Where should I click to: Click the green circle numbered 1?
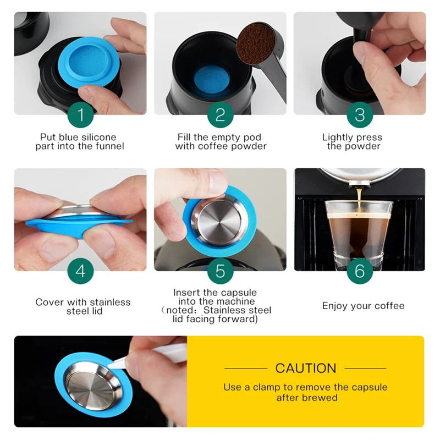81,115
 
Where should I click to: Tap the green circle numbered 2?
220,115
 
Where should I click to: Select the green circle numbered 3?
360,115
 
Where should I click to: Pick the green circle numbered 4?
81,271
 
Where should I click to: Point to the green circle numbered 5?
220,271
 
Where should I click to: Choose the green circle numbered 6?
360,271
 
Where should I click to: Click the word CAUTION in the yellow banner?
305,368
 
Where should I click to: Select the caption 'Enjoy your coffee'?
363,306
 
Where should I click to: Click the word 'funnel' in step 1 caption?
111,146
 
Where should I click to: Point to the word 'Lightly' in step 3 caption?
337,137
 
